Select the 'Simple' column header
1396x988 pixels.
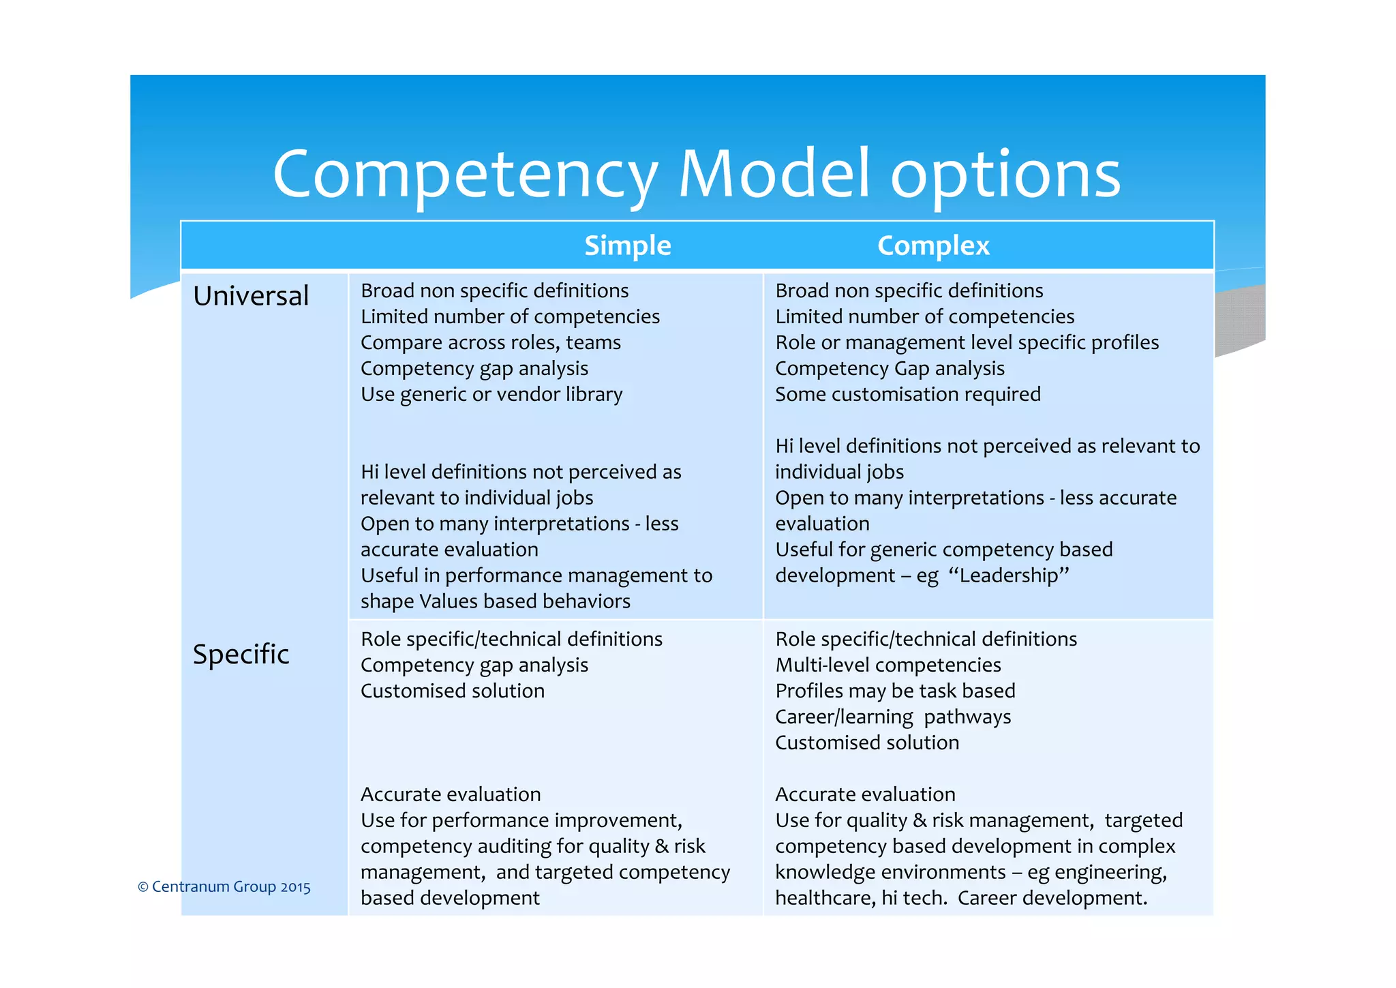(627, 245)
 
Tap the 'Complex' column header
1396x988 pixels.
(932, 245)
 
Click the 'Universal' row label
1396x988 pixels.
(251, 296)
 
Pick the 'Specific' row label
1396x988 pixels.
(241, 654)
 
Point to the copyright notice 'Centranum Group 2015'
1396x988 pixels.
(224, 886)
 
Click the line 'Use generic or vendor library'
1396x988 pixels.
(491, 394)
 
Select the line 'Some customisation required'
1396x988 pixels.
(907, 394)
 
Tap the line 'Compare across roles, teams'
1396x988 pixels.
(491, 342)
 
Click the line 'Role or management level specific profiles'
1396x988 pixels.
(967, 342)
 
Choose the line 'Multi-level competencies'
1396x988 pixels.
(887, 665)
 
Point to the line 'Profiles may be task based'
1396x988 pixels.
(895, 691)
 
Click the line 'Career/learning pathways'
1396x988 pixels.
(893, 717)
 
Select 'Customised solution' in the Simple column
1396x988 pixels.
(453, 691)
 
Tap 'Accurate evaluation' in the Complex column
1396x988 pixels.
(865, 794)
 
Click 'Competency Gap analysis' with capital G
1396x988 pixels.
(890, 368)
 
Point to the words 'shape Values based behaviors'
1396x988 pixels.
(496, 601)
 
